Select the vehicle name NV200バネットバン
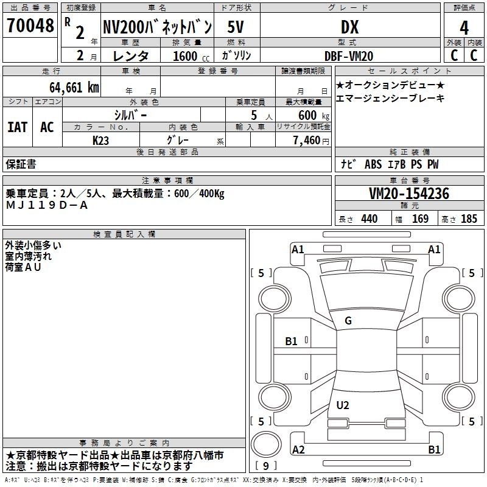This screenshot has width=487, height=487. [x=157, y=27]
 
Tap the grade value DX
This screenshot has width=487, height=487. [x=349, y=27]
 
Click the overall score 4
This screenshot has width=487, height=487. [x=464, y=27]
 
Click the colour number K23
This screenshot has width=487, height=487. [x=101, y=140]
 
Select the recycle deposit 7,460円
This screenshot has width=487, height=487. [x=310, y=140]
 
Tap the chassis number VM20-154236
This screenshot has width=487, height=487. [x=409, y=194]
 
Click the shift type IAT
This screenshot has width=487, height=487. [x=18, y=127]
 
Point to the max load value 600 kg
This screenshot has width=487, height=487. [x=312, y=115]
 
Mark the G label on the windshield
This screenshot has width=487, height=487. [x=348, y=321]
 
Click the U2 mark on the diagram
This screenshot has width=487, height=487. [x=343, y=405]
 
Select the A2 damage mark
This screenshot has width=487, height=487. [x=298, y=450]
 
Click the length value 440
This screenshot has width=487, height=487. [x=369, y=219]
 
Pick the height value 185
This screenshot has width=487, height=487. [x=469, y=219]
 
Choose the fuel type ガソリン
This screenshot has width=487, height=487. [x=237, y=55]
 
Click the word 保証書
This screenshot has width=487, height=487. [x=21, y=164]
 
